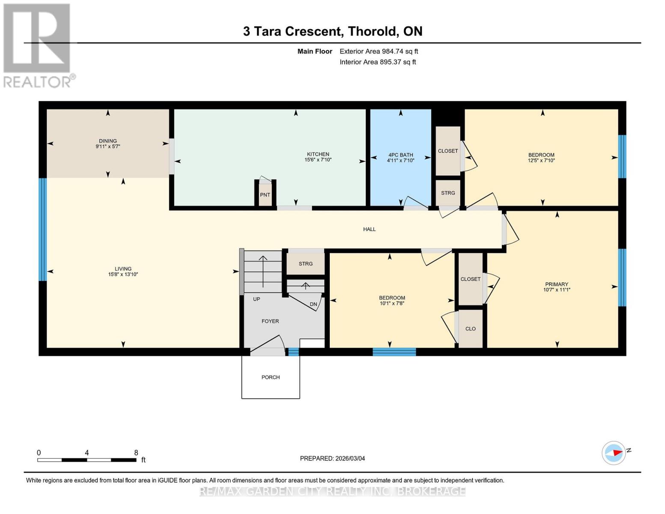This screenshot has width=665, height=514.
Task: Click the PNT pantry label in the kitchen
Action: click(x=265, y=195)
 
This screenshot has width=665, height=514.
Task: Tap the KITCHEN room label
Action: click(x=318, y=154)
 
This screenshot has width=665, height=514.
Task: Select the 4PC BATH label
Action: click(x=400, y=155)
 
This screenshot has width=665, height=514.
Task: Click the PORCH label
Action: click(x=271, y=377)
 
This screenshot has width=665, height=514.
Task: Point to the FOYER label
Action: click(x=270, y=321)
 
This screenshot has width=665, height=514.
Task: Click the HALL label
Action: click(x=369, y=230)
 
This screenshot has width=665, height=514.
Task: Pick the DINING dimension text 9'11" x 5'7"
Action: click(x=108, y=146)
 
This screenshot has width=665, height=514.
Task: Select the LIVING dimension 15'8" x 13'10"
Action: click(x=123, y=275)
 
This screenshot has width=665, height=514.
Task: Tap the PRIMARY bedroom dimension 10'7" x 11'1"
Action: click(x=557, y=290)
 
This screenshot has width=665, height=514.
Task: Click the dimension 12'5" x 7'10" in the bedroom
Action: click(x=541, y=161)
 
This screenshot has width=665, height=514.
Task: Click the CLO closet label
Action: click(x=470, y=329)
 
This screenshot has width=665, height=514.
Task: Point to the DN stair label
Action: click(x=313, y=305)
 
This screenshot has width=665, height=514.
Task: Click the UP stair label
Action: click(x=256, y=299)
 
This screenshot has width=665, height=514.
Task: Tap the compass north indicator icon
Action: click(x=614, y=453)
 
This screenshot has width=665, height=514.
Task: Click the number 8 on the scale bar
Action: click(x=136, y=453)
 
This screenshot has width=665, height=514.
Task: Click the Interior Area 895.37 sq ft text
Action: click(x=378, y=62)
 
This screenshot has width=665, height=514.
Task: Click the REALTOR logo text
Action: click(x=38, y=82)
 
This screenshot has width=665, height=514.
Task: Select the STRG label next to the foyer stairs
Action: click(x=306, y=264)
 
